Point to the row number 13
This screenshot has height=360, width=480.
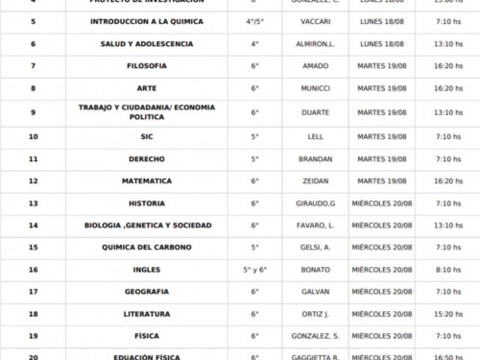[34, 204]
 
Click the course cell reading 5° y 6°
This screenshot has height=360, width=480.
[255, 270]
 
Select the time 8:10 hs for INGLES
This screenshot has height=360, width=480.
[447, 270]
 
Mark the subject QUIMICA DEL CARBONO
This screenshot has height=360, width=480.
[147, 248]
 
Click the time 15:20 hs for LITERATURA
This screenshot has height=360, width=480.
[447, 314]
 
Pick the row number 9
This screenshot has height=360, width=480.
[34, 111]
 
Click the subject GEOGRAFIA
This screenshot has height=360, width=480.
[147, 292]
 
